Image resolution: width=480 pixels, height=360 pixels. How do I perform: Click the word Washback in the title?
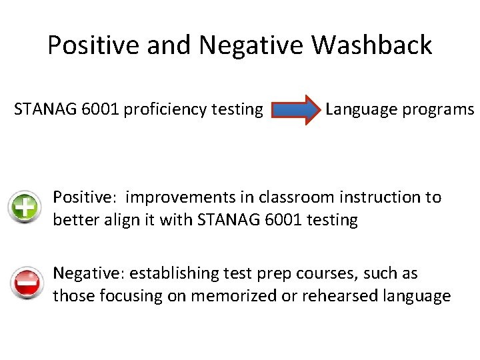pyautogui.click(x=371, y=45)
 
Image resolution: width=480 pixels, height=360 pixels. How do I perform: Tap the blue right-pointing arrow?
pyautogui.click(x=297, y=110)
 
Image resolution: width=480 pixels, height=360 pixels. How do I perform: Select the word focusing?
pyautogui.click(x=128, y=295)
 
